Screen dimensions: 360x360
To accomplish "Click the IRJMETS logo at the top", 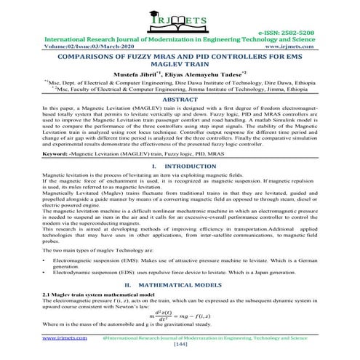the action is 180,17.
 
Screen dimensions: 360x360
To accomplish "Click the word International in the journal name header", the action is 71,40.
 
